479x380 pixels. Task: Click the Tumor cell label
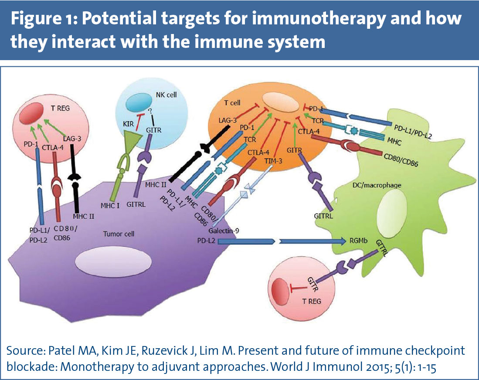coord(118,234)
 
